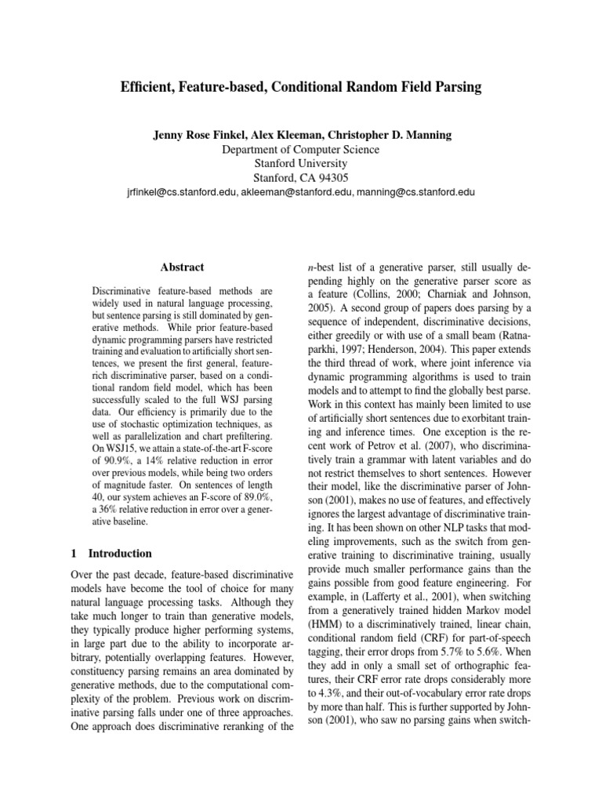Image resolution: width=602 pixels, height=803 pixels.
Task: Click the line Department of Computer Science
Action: coord(301,149)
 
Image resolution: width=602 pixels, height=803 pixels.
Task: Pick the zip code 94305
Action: coord(333,178)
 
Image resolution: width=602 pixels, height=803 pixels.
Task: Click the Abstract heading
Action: coord(182,267)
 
